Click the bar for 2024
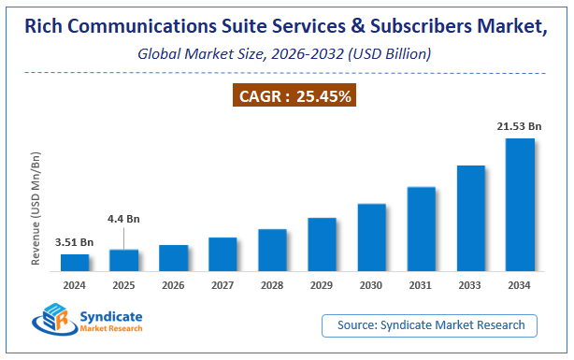75,263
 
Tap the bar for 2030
371,238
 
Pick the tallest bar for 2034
520,205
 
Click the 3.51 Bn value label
75,241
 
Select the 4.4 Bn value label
124,219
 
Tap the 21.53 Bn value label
519,126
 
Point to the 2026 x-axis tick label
174,285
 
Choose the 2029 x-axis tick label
322,285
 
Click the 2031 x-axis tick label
421,285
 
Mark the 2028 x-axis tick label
272,285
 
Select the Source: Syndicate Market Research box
437,325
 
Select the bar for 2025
124,261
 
